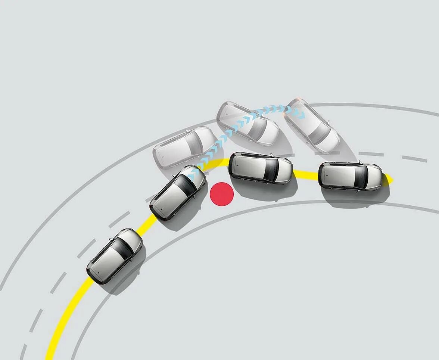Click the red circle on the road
click(x=222, y=194)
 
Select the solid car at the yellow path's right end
click(x=350, y=176)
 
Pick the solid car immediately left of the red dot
click(x=178, y=192)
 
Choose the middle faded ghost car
click(x=247, y=124)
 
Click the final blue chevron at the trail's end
click(x=301, y=114)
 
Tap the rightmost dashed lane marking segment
click(x=414, y=159)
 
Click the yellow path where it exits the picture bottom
click(x=50, y=357)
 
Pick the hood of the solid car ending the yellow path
click(x=373, y=177)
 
